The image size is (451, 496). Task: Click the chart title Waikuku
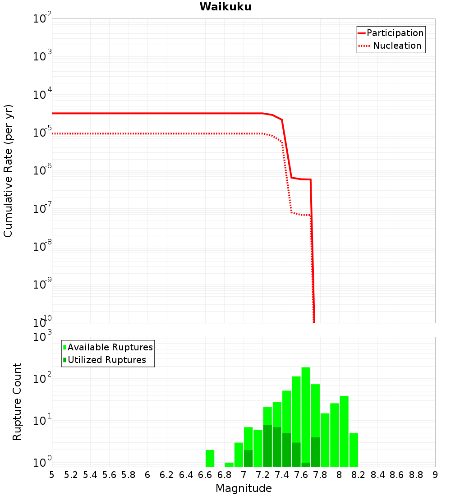pos(225,7)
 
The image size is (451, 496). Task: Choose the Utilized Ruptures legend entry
pos(106,360)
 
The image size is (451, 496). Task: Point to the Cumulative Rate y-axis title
pos(9,171)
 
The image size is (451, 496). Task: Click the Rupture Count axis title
pos(17,402)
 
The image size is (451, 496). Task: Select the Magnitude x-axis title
pos(244,488)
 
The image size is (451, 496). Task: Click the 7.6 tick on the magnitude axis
pos(301,475)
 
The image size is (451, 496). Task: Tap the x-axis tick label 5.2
pos(71,475)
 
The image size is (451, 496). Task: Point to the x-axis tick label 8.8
pos(416,475)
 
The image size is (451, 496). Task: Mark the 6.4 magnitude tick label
pos(186,475)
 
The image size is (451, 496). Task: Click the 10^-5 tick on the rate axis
pos(42,133)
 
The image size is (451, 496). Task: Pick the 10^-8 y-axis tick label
pos(42,247)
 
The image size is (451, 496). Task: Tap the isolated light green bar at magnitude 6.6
pos(210,458)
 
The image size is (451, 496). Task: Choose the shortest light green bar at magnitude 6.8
pos(229,464)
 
